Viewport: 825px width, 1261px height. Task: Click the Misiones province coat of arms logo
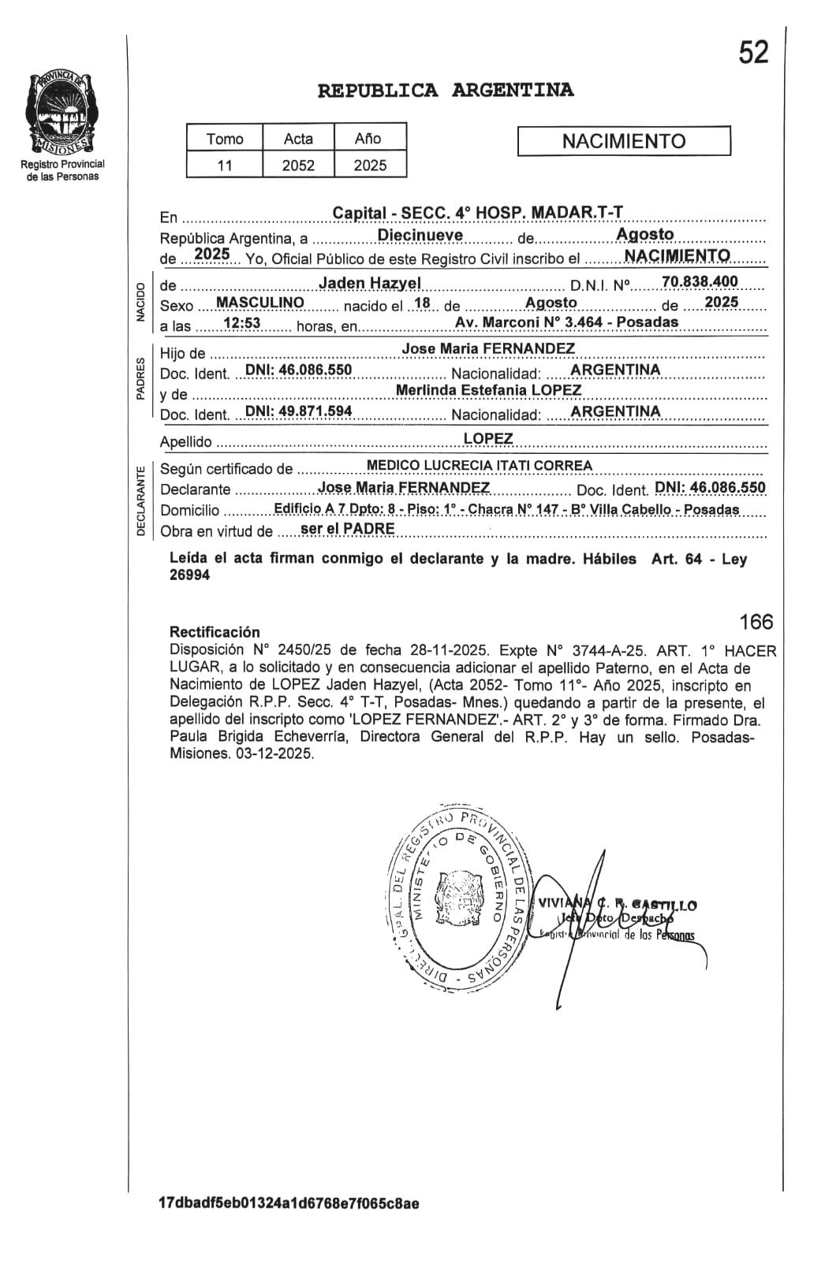62,113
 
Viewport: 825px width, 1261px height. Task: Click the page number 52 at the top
753,53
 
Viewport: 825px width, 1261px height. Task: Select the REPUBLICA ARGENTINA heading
446,91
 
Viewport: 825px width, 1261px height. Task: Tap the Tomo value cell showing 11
225,166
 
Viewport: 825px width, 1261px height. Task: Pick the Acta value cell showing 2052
298,166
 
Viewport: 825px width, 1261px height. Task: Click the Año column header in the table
368,139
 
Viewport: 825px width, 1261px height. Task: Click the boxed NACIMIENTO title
624,142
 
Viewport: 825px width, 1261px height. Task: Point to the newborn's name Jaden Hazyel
370,283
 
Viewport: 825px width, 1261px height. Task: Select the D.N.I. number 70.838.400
700,281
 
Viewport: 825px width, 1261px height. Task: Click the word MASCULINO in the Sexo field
260,303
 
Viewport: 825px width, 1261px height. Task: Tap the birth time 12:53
241,323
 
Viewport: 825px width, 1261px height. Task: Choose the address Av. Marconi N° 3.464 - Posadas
566,322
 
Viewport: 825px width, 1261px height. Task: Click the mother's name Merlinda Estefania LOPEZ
488,390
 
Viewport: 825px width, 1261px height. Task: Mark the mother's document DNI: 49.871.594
299,411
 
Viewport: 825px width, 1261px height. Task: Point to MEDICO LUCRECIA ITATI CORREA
480,466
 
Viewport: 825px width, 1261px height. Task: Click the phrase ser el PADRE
347,529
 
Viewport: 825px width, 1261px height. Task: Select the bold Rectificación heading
215,632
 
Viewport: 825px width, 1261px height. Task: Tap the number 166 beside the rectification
756,622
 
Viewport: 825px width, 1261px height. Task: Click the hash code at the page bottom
289,1203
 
